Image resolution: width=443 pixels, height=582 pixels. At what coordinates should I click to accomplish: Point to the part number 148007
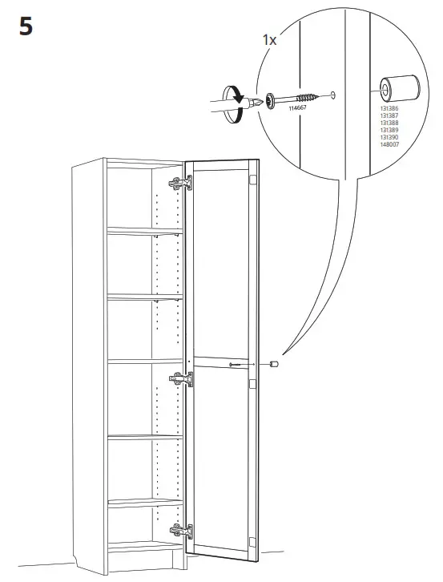point(386,144)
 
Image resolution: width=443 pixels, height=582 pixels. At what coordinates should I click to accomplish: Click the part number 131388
point(386,124)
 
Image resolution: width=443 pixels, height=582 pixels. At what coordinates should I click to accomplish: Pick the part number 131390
point(386,138)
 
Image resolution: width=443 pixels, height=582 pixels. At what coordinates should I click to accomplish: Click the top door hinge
point(181,184)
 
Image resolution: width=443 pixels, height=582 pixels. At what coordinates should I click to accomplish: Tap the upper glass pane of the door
point(221,265)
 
